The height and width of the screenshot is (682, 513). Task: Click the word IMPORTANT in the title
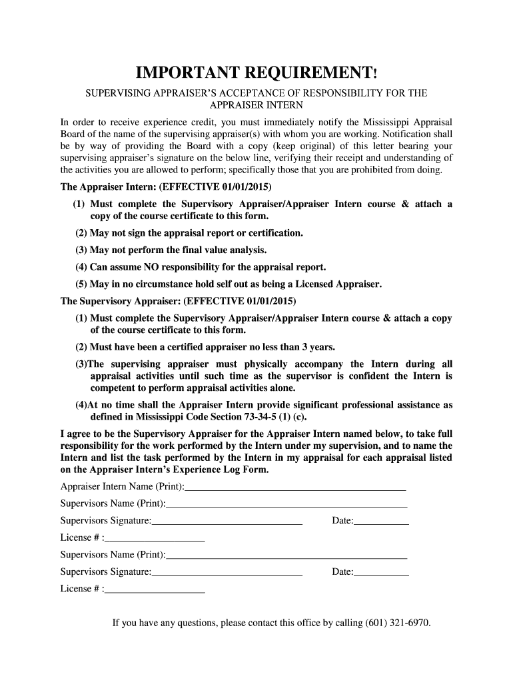tap(186, 72)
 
